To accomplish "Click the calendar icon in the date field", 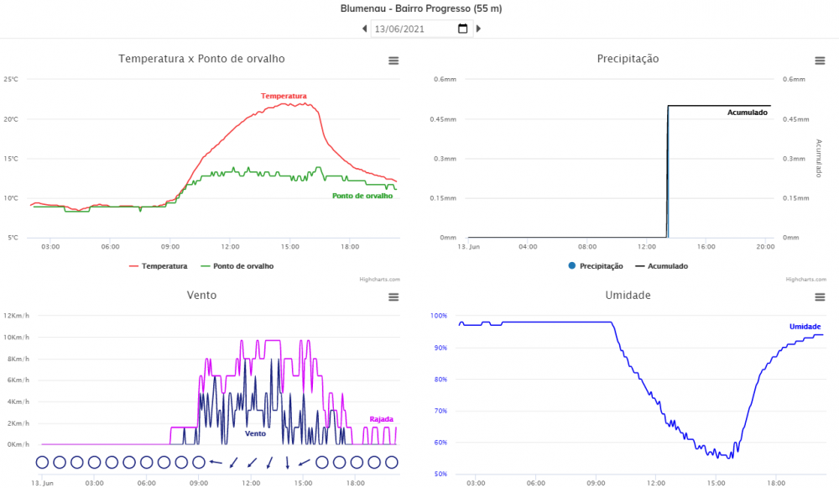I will pos(462,29).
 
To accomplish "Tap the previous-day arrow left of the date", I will pos(365,29).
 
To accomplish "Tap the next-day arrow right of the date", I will pos(478,29).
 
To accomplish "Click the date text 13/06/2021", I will pos(399,29).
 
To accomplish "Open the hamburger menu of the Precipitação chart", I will pos(820,60).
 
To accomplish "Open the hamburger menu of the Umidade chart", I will pos(820,296).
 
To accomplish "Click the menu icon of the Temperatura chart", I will pos(393,60).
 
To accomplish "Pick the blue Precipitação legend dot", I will pos(571,266).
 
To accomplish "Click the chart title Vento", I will pos(202,295).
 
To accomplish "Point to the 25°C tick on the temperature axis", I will pos(11,80).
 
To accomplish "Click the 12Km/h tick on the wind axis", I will pos(18,316).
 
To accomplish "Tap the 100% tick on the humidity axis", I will pos(438,316).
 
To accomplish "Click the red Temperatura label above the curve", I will pos(284,96).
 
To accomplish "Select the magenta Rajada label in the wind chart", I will pos(381,419).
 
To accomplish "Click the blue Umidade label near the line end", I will pos(805,327).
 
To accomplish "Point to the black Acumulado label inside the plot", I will pos(747,113).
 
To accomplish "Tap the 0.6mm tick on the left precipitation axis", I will pos(444,80).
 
